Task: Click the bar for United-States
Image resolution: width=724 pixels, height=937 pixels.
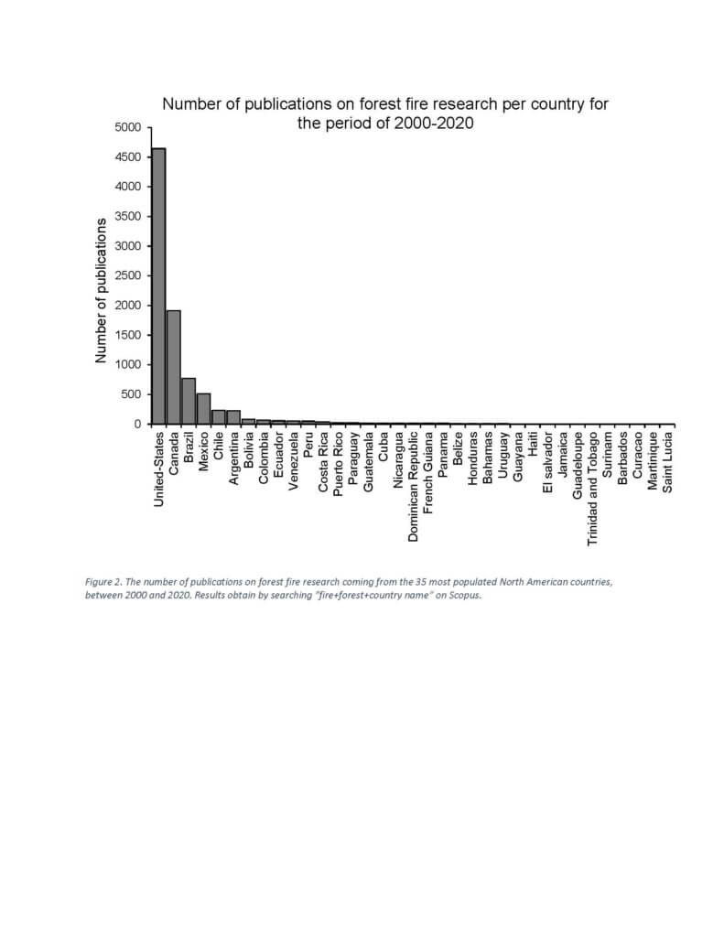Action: pos(158,285)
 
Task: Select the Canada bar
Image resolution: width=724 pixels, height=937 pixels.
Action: pos(173,367)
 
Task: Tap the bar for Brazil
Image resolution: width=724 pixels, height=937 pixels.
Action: pos(189,401)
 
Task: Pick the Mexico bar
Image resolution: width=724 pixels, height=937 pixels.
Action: pos(203,408)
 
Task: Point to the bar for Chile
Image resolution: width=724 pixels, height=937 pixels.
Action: pos(218,416)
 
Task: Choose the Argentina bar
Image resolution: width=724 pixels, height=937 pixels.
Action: pos(233,417)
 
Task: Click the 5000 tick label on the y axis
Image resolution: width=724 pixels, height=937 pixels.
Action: pos(127,127)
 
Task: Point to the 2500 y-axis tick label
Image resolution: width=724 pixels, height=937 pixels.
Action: pos(127,275)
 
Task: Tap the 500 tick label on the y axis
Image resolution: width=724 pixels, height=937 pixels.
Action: pos(130,394)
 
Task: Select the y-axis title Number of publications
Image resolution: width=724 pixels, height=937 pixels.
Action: pos(101,290)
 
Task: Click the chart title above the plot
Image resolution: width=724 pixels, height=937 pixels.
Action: pos(385,113)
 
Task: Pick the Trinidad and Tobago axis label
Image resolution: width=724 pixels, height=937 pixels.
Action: pos(592,489)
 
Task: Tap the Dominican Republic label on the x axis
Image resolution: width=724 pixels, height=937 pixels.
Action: pos(413,487)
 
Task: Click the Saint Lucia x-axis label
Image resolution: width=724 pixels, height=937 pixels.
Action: pos(668,462)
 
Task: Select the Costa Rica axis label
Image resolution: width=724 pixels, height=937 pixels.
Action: pos(323,462)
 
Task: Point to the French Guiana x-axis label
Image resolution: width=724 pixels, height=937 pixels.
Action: pos(428,473)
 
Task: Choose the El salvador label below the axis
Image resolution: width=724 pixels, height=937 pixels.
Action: pos(547,463)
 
